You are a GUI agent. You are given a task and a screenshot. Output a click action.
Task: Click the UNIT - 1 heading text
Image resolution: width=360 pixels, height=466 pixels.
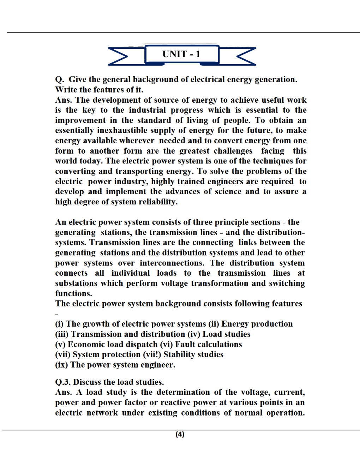[181, 54]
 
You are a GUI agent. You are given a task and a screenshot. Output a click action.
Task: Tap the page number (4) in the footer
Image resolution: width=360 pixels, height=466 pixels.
[180, 434]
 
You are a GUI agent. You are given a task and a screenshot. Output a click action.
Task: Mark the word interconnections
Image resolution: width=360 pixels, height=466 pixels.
[172, 263]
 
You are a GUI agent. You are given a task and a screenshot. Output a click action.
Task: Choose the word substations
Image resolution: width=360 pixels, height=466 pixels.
[76, 283]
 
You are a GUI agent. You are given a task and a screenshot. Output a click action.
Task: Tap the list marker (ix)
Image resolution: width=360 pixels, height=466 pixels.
[61, 365]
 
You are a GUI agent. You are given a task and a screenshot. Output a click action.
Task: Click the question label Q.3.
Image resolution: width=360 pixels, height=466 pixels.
[63, 382]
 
